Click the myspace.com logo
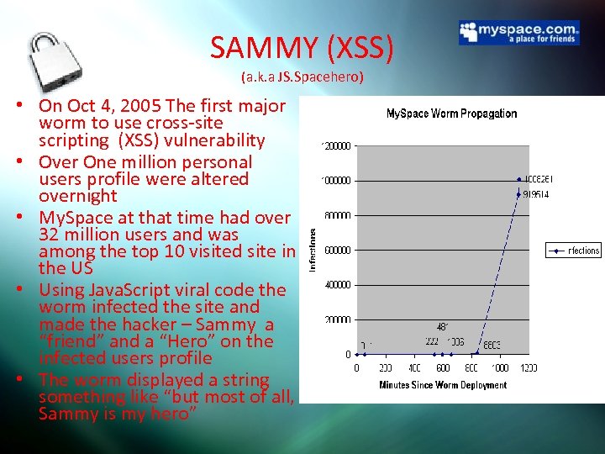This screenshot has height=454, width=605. coord(518,33)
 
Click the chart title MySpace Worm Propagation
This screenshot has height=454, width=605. coord(451,113)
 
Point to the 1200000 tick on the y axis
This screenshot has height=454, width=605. coord(336,145)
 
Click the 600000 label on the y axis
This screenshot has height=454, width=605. coord(338,250)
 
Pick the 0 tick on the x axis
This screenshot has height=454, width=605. coord(356,368)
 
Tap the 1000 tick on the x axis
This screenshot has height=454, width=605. coord(499,368)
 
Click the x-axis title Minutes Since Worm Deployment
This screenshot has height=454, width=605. coord(442,385)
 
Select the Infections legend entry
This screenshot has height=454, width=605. coord(574,251)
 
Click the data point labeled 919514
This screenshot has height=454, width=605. coord(519,194)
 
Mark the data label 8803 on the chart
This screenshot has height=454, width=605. coord(491,344)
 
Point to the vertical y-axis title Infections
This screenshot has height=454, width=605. coord(313,250)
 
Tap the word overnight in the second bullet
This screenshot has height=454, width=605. coord(78,196)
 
